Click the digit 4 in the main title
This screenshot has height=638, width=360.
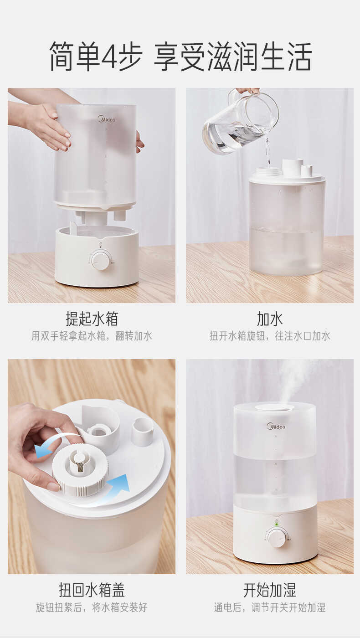click(x=109, y=57)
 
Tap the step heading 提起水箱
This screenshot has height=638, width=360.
click(x=92, y=319)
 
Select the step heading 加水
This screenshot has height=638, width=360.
click(x=270, y=319)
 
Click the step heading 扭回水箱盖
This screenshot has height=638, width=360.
click(x=92, y=590)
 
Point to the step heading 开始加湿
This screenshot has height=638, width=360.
click(x=270, y=590)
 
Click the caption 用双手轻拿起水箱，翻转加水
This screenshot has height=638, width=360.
click(x=92, y=336)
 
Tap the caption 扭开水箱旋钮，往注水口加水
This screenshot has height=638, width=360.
click(x=270, y=336)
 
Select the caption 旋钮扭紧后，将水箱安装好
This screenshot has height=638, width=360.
click(x=92, y=607)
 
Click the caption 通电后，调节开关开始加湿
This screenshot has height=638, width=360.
click(x=270, y=607)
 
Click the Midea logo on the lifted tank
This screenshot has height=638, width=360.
click(x=106, y=119)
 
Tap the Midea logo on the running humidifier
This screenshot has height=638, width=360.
click(x=276, y=427)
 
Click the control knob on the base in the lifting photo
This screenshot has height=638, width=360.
click(x=100, y=261)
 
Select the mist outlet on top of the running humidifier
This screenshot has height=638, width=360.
click(x=274, y=407)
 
